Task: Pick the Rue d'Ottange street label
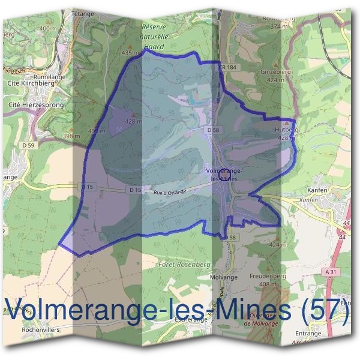pyautogui.click(x=170, y=192)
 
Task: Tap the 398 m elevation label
pyautogui.click(x=71, y=136)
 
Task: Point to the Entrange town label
pyautogui.click(x=308, y=333)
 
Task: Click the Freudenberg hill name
pyautogui.click(x=268, y=277)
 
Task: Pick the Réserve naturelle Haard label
pyautogui.click(x=155, y=36)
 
